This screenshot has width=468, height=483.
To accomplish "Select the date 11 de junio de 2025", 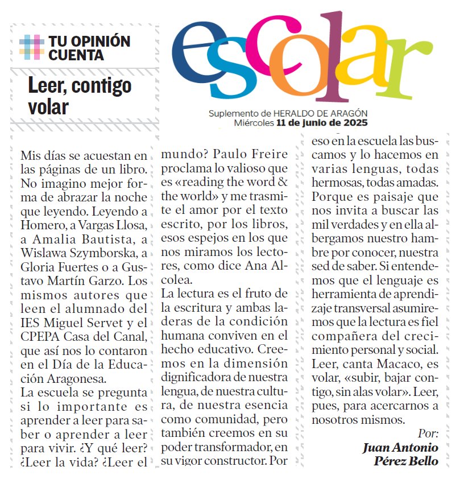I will pos(322,122).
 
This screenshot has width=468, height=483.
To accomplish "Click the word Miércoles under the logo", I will pos(254,122).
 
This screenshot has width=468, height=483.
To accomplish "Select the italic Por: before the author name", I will pos(428,433).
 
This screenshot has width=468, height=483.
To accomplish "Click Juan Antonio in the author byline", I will pos(400,447).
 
